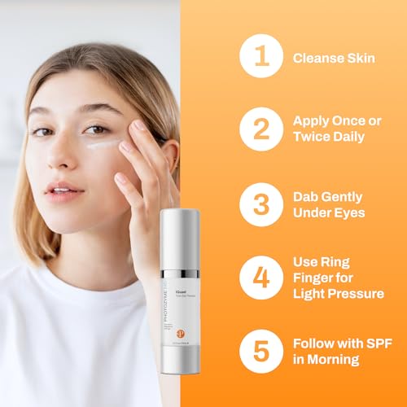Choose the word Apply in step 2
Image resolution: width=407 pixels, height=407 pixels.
coord(312,120)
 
